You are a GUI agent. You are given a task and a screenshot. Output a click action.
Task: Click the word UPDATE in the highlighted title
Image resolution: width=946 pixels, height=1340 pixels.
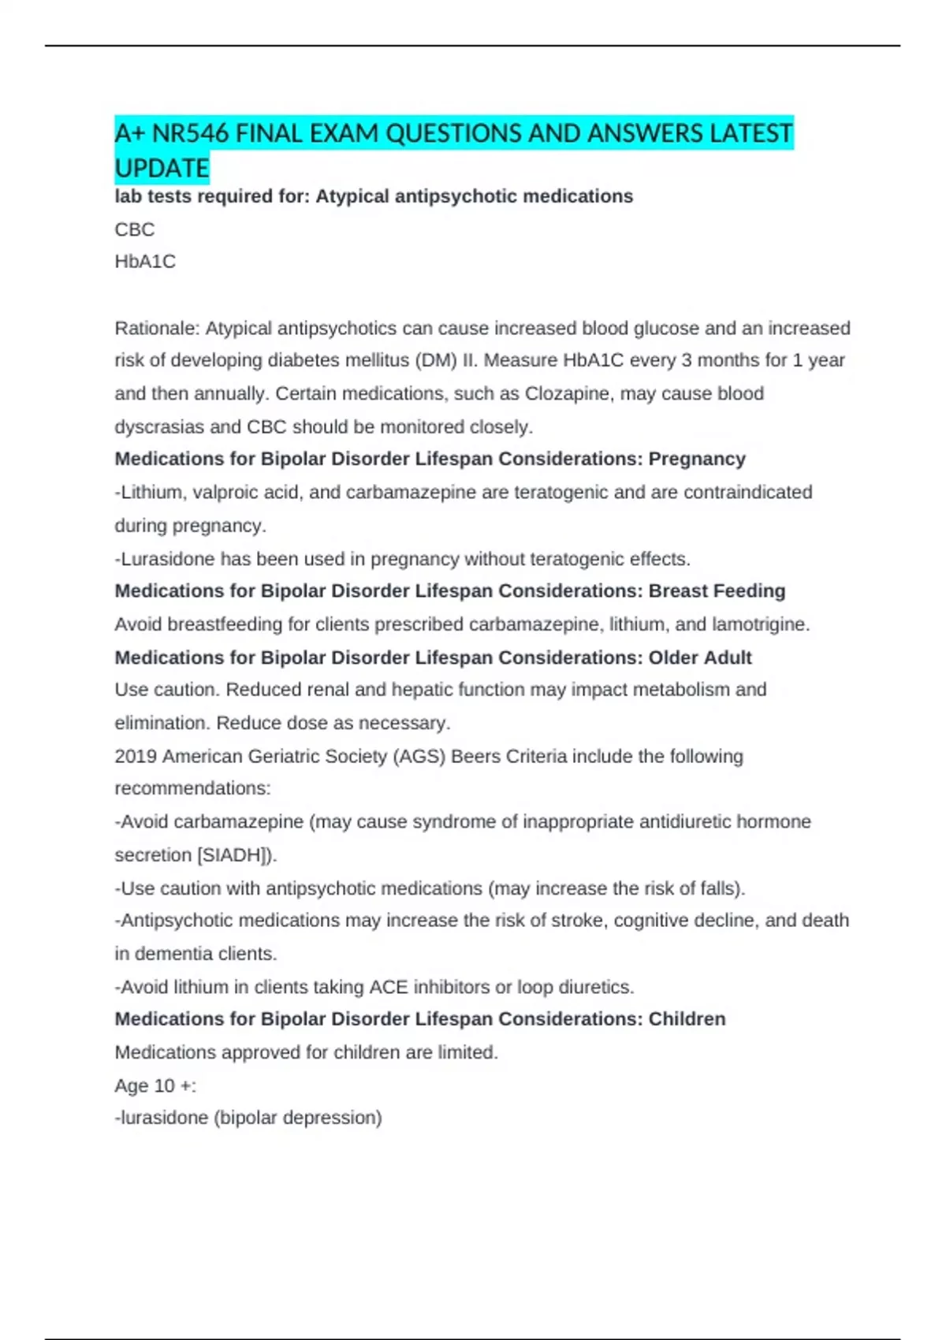point(162,168)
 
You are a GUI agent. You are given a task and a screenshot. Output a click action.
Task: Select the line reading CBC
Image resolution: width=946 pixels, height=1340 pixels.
point(135,229)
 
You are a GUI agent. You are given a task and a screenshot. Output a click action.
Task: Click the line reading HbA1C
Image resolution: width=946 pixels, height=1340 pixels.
point(145,262)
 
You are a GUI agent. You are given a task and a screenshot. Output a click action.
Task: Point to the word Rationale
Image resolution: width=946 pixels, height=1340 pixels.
point(156,328)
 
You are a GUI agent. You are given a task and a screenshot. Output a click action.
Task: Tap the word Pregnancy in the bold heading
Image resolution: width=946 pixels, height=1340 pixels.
point(697,459)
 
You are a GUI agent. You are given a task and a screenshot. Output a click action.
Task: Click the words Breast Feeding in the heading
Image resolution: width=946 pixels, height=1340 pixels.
point(717,591)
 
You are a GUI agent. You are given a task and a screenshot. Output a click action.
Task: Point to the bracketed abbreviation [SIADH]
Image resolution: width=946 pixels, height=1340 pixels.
point(235,855)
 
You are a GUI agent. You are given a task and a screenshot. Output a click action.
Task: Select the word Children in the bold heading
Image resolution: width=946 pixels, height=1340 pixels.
point(687,1019)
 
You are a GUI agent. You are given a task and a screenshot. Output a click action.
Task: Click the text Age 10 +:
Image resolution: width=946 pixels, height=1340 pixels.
point(155,1085)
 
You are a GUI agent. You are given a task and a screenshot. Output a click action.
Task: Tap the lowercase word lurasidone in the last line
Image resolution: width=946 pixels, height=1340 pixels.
point(164,1118)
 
